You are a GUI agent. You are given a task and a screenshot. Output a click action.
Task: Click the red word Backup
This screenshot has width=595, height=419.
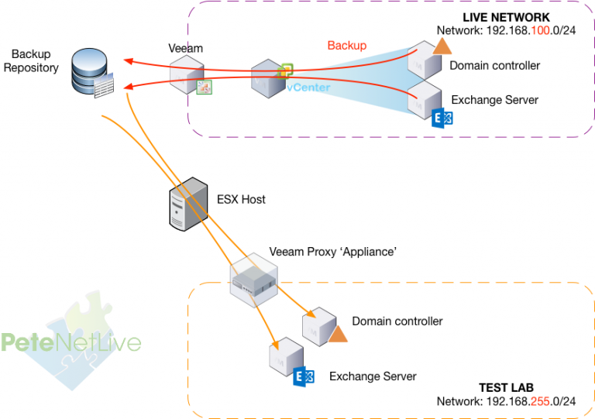coord(346,46)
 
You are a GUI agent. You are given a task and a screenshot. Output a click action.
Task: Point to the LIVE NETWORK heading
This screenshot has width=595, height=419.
coord(506,17)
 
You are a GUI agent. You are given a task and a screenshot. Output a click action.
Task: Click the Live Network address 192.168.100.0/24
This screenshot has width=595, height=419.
coord(506,31)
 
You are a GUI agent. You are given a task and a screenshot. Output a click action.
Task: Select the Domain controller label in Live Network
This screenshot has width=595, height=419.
coord(494,65)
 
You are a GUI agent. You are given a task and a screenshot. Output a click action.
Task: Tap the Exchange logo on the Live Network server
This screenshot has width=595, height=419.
coord(442,118)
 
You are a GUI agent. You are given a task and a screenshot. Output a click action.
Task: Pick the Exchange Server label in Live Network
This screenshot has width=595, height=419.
coord(494,100)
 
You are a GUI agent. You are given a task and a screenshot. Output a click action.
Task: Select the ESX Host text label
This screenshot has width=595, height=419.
coord(241,199)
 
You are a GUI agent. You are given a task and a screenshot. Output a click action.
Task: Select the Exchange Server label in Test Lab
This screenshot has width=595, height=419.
coord(373,376)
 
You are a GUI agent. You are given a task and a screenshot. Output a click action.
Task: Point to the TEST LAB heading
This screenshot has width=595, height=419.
coord(506,387)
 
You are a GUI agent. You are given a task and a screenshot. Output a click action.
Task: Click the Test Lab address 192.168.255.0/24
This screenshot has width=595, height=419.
coord(506,401)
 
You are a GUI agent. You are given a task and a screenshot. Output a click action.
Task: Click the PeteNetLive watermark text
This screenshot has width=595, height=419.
coord(71,342)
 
